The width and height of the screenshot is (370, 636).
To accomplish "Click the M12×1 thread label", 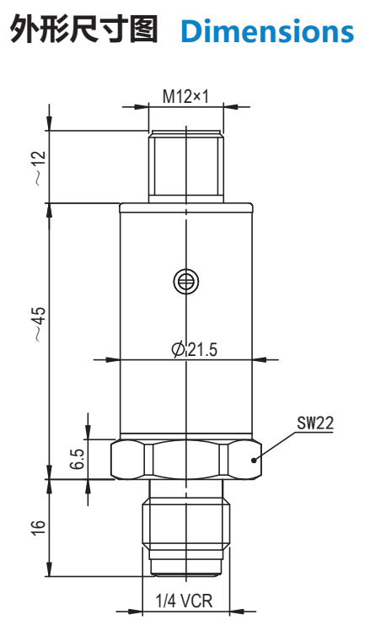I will click(x=185, y=98).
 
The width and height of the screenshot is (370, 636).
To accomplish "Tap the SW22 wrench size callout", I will click(x=314, y=423).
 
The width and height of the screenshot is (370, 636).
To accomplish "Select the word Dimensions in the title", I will click(x=268, y=31).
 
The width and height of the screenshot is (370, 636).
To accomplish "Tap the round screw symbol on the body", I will click(x=185, y=280).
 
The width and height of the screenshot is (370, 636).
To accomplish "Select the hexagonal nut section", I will click(x=185, y=460).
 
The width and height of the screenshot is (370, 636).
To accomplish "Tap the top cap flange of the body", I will click(x=185, y=208).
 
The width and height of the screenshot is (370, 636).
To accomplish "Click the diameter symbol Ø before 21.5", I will click(x=177, y=350).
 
